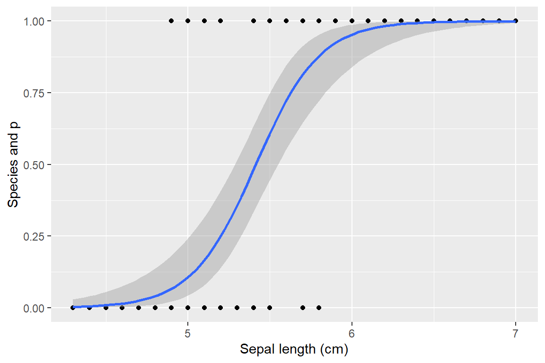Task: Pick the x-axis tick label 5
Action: coord(188,333)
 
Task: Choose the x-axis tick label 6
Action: coord(352,333)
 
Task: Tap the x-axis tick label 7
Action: coord(516,333)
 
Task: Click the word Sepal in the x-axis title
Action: coord(255,350)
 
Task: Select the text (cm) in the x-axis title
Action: coord(334,350)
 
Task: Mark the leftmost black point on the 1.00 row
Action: coord(171,21)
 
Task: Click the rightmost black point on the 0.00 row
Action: coord(319,308)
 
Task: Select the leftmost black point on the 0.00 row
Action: coord(73,308)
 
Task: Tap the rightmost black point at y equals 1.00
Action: coord(516,21)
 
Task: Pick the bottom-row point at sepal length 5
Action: coord(188,308)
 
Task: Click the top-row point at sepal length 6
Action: coord(352,21)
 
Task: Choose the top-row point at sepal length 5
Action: coord(188,21)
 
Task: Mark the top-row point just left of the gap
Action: coord(220,21)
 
